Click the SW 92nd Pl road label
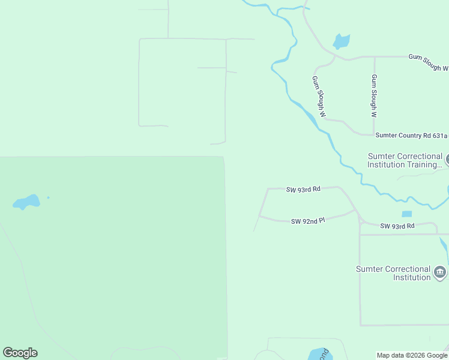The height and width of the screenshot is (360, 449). (307, 221)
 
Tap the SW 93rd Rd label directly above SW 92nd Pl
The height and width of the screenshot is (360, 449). (303, 189)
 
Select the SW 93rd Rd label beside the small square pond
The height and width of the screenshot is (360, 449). (397, 226)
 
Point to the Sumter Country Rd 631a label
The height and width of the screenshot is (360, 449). (412, 136)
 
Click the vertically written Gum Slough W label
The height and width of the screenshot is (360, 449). (373, 96)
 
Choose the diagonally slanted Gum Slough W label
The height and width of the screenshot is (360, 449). (318, 96)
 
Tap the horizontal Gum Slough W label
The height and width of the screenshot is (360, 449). (428, 62)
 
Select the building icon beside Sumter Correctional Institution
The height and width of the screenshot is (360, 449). (440, 273)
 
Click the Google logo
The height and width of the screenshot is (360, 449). (20, 353)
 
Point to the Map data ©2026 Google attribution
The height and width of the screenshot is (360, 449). (412, 355)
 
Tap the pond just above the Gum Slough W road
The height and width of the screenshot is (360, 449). (341, 41)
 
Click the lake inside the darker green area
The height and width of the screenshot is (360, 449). (26, 202)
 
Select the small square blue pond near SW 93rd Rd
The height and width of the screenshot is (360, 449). (406, 214)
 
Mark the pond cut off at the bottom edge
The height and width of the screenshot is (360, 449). (316, 355)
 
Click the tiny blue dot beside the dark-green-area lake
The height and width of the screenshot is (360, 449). (48, 197)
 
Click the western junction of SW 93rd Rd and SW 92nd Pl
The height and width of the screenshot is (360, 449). (259, 215)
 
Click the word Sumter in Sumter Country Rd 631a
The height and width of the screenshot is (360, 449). (388, 136)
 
